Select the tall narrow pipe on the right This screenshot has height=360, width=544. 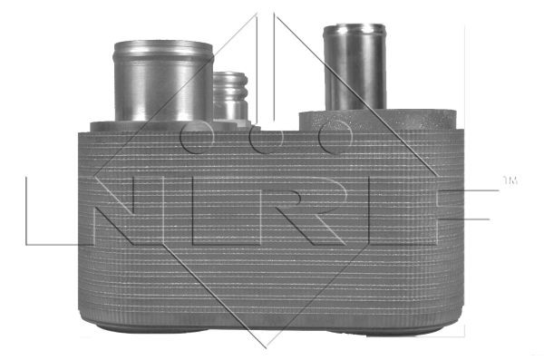355,68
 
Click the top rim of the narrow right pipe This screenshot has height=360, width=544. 355,28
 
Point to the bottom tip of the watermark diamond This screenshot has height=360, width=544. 264,346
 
